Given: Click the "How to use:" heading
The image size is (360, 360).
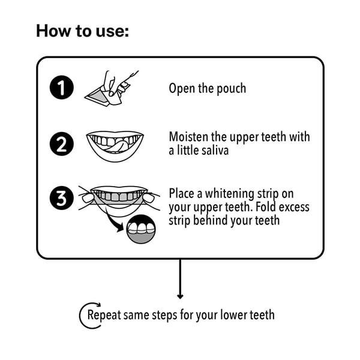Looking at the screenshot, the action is pos(82,31).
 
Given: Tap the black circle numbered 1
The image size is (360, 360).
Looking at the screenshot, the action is pos(62,87).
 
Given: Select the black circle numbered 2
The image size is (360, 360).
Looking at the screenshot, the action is pos(62,144).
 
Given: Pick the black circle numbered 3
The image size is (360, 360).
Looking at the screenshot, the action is pos(62,198).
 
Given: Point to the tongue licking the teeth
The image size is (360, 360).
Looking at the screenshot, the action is pos(115,146).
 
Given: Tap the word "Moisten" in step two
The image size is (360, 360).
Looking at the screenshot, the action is pos(189,137).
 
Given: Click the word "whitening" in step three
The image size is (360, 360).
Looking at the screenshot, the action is pos(230,194).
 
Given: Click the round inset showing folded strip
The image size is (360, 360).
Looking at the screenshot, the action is pos(141,229).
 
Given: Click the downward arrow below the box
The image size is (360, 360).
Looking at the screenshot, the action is pos(180,279).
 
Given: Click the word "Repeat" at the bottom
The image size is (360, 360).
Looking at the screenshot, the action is pos(104,315).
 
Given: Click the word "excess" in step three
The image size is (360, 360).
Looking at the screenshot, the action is pos(294,207).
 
